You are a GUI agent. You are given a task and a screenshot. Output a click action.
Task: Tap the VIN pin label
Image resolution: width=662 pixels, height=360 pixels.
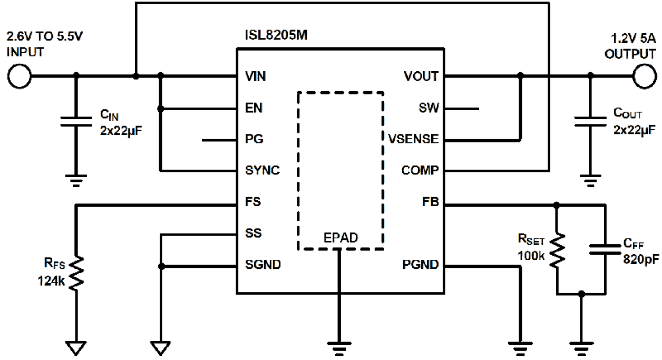[x=256, y=77]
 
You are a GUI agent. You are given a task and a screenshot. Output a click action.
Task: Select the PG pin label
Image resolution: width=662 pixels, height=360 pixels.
[x=254, y=140]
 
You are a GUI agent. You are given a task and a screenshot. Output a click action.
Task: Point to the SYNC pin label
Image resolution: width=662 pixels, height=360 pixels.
[x=262, y=171]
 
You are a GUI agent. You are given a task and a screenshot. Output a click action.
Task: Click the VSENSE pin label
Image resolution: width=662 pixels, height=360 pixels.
[x=414, y=140]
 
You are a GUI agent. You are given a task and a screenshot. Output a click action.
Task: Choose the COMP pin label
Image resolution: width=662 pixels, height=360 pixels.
[x=420, y=171]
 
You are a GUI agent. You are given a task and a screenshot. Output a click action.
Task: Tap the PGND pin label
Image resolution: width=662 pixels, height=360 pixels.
[x=420, y=265]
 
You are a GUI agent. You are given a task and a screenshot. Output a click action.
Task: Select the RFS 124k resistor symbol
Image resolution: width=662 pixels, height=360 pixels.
[x=77, y=272]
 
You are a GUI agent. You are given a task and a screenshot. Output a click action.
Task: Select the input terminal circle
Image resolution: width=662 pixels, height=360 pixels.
[x=20, y=76]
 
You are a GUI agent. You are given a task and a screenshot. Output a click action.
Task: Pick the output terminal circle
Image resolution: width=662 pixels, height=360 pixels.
[x=644, y=76]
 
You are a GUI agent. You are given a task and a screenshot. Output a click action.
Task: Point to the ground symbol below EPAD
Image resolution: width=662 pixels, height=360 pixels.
[x=340, y=346]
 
